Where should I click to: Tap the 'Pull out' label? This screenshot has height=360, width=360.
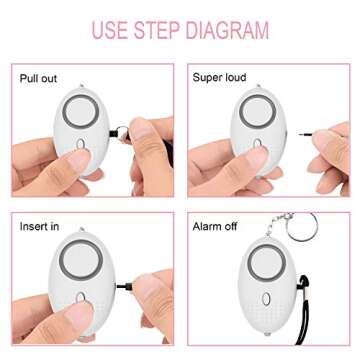(41, 76)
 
